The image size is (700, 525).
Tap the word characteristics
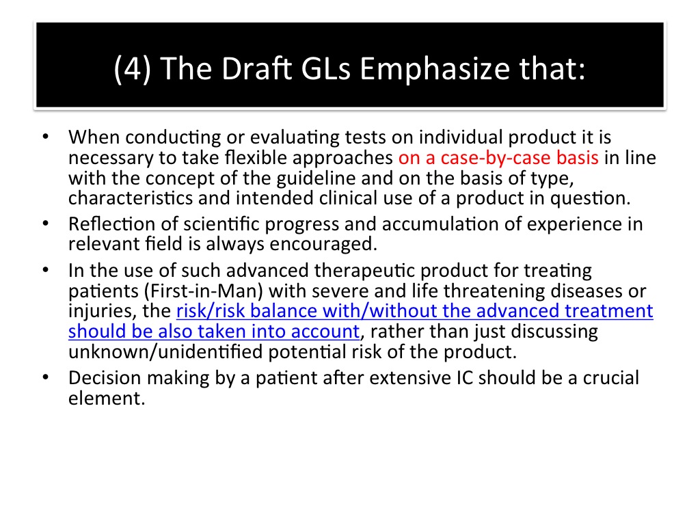[x=131, y=198]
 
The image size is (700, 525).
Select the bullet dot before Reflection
[x=46, y=224]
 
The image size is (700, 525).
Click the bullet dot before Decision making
[x=46, y=377]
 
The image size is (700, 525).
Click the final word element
[x=107, y=399]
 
